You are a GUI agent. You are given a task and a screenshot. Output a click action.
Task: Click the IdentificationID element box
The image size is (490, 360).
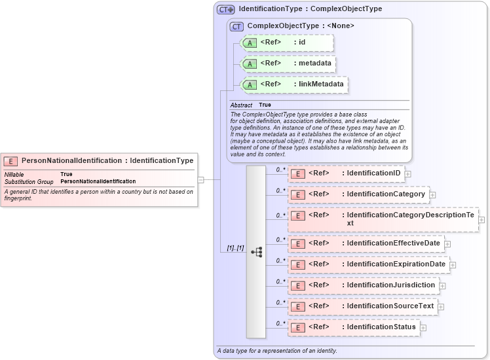point(346,173)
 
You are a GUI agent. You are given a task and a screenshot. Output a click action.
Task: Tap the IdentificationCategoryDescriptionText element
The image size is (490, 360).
point(383,219)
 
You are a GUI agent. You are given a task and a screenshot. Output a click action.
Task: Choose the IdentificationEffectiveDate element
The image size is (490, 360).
point(366,243)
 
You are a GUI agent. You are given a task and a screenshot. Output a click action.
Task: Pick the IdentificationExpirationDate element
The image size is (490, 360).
point(367,264)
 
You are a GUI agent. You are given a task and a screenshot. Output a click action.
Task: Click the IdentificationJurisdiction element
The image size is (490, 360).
point(363,285)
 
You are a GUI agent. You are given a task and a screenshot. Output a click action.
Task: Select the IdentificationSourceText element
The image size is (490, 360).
point(362,306)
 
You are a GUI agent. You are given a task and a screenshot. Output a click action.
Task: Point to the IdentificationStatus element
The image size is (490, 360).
point(353,327)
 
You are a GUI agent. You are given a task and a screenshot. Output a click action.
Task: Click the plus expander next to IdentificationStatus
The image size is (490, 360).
point(423,328)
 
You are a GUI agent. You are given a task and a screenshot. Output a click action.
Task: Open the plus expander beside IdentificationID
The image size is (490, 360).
point(408,174)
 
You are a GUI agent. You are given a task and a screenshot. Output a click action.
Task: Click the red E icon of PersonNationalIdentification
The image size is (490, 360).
point(11,161)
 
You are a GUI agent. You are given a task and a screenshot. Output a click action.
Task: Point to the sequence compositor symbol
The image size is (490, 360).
point(256,251)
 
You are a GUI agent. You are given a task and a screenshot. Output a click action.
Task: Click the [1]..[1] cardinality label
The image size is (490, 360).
point(235,249)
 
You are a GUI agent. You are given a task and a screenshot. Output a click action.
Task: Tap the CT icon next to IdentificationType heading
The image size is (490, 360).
point(226,10)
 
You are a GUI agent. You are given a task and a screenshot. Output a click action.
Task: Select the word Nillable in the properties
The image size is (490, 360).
point(15,174)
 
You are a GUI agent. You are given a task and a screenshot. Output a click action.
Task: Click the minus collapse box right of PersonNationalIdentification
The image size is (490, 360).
point(201,179)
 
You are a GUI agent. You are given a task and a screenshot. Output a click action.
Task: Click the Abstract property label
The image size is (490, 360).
point(241,105)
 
